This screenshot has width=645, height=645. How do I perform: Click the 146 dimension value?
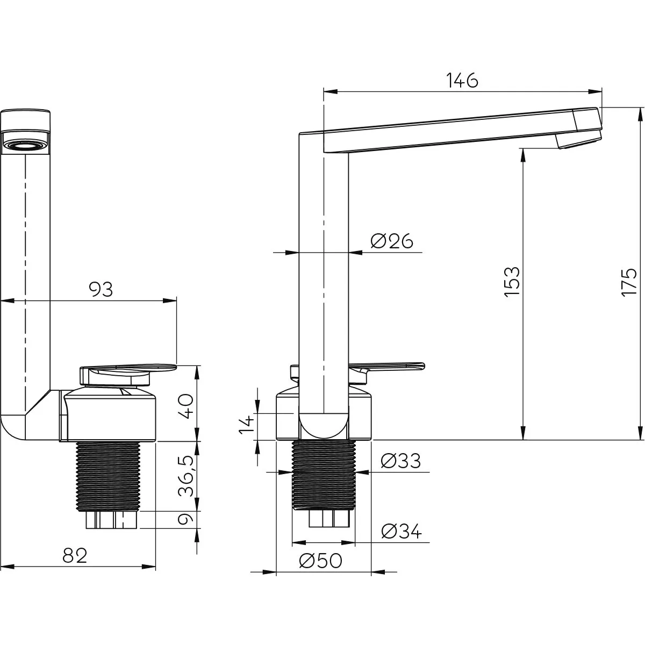pos(462,80)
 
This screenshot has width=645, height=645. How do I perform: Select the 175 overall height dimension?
pos(629,282)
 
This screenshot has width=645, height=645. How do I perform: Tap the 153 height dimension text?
pos(512,282)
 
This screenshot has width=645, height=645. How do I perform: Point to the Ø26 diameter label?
pos(392,241)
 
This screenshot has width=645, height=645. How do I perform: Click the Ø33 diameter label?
pos(400,461)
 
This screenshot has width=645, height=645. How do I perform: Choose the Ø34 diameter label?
pos(402,531)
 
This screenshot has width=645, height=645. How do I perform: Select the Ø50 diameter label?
pos(321,560)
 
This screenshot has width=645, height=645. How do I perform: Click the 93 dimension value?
pos(101,290)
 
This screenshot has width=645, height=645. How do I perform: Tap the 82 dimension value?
pos(75,556)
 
